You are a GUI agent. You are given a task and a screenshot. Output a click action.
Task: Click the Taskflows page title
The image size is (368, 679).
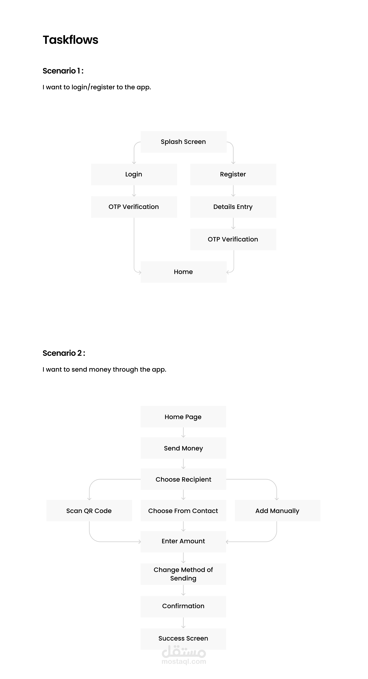[70, 40]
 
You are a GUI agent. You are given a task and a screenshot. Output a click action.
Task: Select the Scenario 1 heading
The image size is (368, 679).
[63, 71]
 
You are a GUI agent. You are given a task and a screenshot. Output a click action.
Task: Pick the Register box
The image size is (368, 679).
[233, 174]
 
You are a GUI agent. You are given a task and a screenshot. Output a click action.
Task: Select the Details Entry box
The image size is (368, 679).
[233, 207]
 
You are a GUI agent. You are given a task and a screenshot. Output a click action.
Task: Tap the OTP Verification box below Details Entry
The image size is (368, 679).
[233, 239]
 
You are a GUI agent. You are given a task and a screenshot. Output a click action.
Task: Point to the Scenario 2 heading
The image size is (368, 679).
[64, 353]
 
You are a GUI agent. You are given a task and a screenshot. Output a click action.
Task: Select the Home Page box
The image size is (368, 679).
[183, 417]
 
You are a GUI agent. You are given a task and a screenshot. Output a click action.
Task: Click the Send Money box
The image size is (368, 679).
[183, 448]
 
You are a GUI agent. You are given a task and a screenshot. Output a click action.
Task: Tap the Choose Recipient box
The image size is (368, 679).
[183, 479]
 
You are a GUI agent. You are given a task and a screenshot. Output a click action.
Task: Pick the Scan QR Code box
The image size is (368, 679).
[89, 511]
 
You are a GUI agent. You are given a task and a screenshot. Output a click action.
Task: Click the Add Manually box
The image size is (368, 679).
[277, 511]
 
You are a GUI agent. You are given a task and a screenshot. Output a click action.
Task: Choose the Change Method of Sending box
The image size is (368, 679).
[183, 574]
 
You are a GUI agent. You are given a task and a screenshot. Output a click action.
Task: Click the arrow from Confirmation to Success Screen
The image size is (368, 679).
[183, 623]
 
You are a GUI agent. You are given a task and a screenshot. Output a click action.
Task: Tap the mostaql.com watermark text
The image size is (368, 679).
[184, 662]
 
